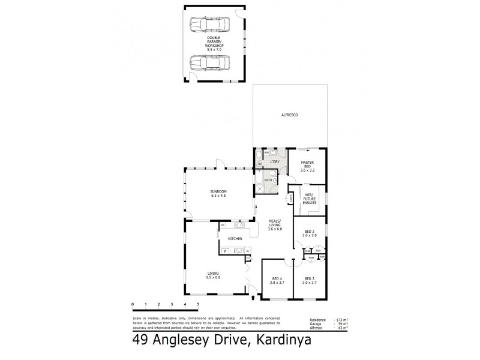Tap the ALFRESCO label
click(x=290, y=115)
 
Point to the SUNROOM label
click(x=218, y=193)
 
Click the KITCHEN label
click(x=235, y=239)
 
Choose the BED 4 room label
click(x=277, y=281)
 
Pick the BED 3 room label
click(x=309, y=281)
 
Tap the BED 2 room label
click(x=309, y=234)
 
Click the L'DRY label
click(x=275, y=162)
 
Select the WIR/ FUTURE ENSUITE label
click(x=310, y=199)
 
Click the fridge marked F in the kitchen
click(x=225, y=251)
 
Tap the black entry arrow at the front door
click(x=253, y=296)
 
